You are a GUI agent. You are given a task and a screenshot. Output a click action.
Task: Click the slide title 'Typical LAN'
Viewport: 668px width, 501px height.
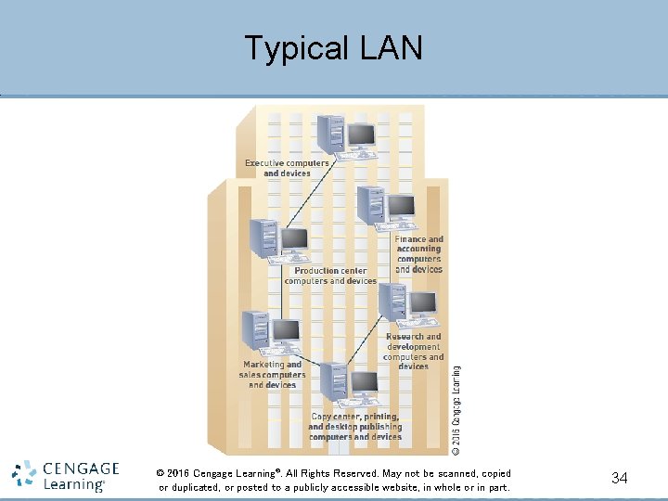coord(333,47)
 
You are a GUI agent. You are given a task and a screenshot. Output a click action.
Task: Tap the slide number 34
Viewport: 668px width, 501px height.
coord(620,478)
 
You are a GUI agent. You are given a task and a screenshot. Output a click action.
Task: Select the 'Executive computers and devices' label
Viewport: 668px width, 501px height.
coord(287,168)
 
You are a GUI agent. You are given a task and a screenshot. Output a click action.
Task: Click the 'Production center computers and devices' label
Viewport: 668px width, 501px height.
coord(330,276)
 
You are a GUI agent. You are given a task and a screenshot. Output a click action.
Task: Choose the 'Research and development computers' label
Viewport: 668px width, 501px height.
coord(414,351)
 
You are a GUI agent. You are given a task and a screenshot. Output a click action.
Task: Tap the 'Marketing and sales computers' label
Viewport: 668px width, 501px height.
coord(272,375)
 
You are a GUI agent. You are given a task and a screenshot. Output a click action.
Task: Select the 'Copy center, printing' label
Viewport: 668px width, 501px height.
coord(355,427)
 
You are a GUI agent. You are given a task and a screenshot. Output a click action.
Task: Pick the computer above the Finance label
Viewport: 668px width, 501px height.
coord(386,208)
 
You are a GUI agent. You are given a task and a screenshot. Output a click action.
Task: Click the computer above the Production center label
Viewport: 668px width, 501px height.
coord(278,241)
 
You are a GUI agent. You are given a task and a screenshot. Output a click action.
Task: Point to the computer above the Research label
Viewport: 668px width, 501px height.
coord(407,305)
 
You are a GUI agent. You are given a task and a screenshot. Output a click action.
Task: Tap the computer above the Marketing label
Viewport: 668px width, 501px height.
coord(270,333)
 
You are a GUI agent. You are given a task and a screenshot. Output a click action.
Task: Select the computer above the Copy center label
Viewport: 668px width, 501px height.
coord(348,384)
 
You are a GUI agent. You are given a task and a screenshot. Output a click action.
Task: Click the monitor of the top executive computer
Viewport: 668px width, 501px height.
coord(360,135)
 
